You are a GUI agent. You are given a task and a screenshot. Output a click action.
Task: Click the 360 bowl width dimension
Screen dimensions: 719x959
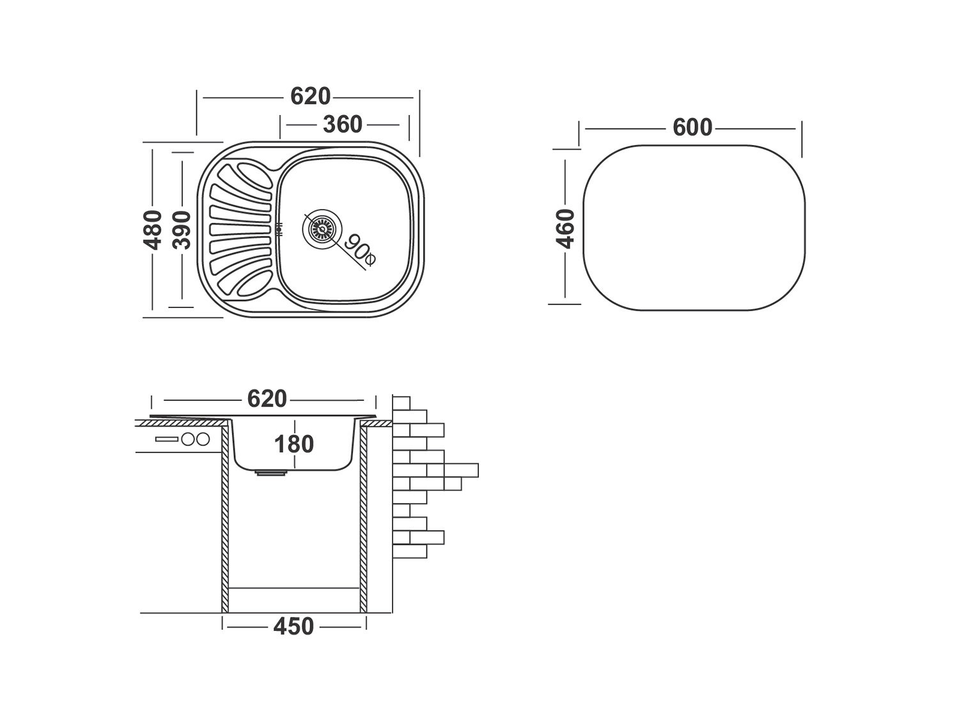click(342, 125)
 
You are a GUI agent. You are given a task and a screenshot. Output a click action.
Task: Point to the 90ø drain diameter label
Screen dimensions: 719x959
click(360, 251)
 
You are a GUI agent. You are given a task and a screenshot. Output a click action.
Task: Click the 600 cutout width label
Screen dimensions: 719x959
click(692, 128)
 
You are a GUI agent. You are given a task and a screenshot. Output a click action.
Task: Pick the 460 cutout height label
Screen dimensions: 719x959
click(566, 228)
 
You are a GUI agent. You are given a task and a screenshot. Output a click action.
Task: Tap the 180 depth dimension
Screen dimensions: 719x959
click(293, 444)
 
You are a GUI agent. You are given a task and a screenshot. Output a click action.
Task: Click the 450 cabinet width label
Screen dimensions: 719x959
click(293, 627)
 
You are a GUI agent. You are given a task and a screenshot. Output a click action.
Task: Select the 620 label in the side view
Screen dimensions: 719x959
click(267, 399)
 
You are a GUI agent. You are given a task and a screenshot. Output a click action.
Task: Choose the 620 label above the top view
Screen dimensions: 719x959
click(310, 97)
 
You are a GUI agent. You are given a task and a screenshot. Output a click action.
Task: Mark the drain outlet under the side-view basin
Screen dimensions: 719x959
click(271, 474)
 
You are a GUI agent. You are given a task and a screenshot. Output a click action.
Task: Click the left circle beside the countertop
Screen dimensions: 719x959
click(189, 440)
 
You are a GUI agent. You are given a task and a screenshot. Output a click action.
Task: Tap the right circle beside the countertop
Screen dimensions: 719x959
click(203, 440)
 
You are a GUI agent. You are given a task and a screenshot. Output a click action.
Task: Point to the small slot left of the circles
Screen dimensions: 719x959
click(166, 440)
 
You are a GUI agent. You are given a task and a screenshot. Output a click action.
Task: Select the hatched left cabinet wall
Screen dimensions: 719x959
click(226, 518)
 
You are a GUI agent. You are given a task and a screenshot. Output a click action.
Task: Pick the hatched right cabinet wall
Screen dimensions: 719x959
click(363, 518)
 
